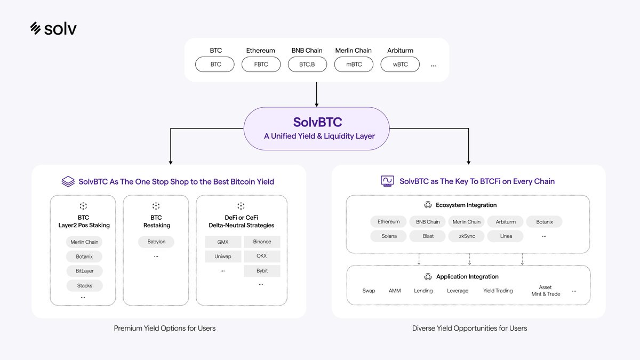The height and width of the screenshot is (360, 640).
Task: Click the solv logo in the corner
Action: click(x=53, y=28)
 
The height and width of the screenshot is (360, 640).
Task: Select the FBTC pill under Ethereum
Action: click(x=261, y=65)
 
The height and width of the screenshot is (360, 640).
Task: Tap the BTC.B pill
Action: click(x=307, y=65)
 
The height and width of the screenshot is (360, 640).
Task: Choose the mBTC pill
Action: click(x=354, y=65)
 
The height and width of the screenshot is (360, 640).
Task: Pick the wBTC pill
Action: click(x=400, y=65)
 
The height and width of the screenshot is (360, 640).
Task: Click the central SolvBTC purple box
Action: click(x=317, y=128)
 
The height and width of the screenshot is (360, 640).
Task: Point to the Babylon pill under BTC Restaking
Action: click(x=156, y=242)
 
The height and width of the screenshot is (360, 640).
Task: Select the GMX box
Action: click(x=223, y=242)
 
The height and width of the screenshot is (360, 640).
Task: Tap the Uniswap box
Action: click(x=223, y=257)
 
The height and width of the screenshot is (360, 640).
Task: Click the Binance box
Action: click(x=262, y=242)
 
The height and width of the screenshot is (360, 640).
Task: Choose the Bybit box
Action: click(x=262, y=271)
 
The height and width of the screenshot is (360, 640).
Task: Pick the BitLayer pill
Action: click(x=84, y=271)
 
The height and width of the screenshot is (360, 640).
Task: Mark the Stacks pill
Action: click(x=84, y=286)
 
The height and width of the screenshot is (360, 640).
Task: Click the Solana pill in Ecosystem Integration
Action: click(x=389, y=236)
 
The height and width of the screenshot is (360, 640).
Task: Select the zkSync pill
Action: click(x=467, y=236)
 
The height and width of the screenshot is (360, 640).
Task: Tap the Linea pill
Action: click(x=506, y=236)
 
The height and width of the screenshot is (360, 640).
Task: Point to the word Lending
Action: click(x=423, y=291)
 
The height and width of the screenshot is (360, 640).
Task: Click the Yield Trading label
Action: click(x=498, y=291)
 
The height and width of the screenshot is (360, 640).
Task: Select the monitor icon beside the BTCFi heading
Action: click(x=388, y=181)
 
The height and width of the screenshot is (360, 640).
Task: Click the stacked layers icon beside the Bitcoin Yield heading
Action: click(x=68, y=182)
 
